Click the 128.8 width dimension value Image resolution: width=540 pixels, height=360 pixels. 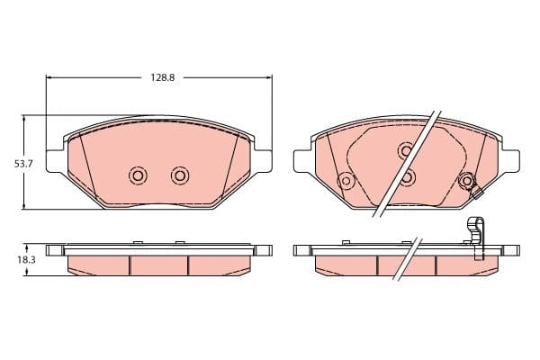(x=163, y=77)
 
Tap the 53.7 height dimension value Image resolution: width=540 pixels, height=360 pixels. (x=23, y=164)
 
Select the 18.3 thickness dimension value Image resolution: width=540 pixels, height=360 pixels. (x=26, y=260)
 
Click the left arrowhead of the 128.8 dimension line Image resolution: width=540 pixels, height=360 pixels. (x=49, y=77)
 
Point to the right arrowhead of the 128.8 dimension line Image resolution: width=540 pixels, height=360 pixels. (x=269, y=77)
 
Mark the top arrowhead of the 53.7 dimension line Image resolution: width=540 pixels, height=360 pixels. (x=23, y=119)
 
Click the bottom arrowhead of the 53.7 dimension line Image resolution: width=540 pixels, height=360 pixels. (x=23, y=206)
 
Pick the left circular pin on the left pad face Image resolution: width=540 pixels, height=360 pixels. (x=138, y=175)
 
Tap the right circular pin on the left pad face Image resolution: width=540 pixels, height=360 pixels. (x=180, y=175)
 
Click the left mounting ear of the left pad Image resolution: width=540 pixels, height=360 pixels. (x=54, y=161)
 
